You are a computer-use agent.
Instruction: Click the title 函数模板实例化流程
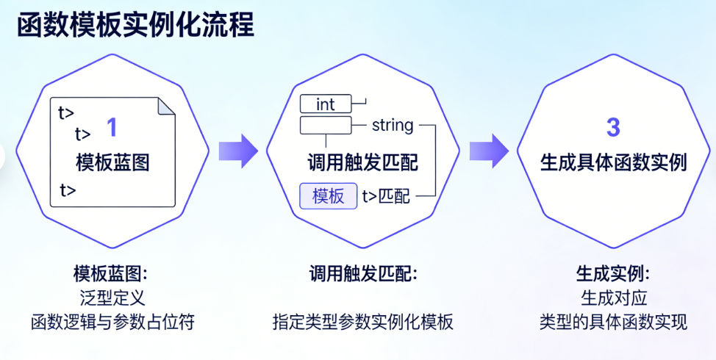(135, 24)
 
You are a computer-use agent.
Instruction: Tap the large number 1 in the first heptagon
(112, 128)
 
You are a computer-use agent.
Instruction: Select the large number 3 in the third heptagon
(613, 127)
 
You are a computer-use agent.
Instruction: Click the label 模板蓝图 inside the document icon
(112, 162)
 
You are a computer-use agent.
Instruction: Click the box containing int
(326, 104)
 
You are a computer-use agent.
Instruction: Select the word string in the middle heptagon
(393, 126)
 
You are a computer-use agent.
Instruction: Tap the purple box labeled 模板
(328, 196)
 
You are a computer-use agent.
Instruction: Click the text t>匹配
(386, 196)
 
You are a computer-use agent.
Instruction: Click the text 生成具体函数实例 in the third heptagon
(613, 162)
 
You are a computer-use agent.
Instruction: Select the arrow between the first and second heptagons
(237, 151)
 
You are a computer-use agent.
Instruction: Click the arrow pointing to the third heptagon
(489, 151)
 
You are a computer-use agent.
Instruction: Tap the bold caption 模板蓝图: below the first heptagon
(111, 274)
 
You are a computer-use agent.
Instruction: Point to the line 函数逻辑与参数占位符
(112, 322)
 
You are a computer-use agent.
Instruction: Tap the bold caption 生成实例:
(612, 274)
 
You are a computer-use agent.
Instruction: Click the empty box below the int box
(326, 126)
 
